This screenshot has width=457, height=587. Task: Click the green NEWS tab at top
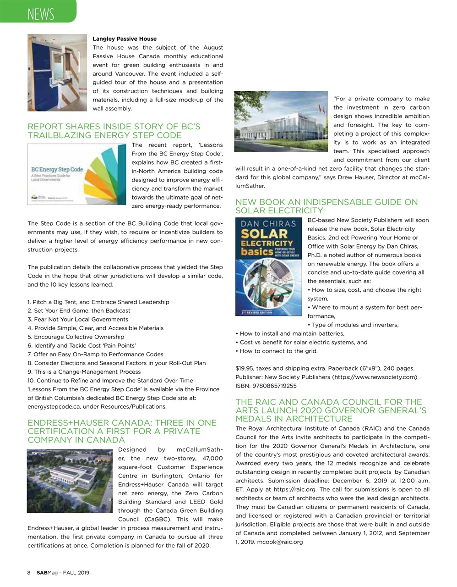pos(40,13)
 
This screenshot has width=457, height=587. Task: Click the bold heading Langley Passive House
pos(125,39)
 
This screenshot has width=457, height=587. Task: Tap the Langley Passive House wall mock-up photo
pos(57,72)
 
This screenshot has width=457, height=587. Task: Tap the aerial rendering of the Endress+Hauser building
pos(70,481)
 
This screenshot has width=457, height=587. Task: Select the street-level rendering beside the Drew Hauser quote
pos(282,122)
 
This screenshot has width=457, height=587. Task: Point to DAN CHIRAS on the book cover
pos(268,224)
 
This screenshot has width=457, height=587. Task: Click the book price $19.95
pos(245,369)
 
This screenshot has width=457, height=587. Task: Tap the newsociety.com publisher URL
pos(375,377)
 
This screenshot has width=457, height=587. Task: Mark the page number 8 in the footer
pos(29,573)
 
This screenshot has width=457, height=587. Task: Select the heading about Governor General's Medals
pos(331,410)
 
